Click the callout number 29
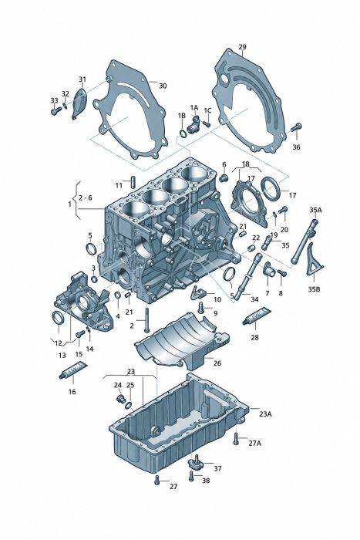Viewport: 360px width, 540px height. click(x=242, y=46)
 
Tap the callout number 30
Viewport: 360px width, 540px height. click(x=162, y=86)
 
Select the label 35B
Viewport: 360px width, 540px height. click(x=314, y=289)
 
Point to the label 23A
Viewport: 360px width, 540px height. click(x=265, y=414)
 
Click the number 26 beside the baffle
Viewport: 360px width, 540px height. click(x=217, y=363)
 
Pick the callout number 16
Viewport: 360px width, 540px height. click(x=72, y=392)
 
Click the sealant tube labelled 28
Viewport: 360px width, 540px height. click(x=257, y=316)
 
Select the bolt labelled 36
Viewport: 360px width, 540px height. click(x=296, y=127)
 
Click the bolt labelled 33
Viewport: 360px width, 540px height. click(x=56, y=111)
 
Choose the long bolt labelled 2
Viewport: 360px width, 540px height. click(x=147, y=320)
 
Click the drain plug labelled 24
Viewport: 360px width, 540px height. click(x=120, y=400)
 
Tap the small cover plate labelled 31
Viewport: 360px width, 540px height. click(x=79, y=103)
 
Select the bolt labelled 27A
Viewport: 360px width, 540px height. click(x=236, y=438)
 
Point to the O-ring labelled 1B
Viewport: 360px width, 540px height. click(x=183, y=133)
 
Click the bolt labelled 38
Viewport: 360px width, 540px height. click(x=191, y=475)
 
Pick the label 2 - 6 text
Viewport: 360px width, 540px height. click(x=86, y=197)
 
